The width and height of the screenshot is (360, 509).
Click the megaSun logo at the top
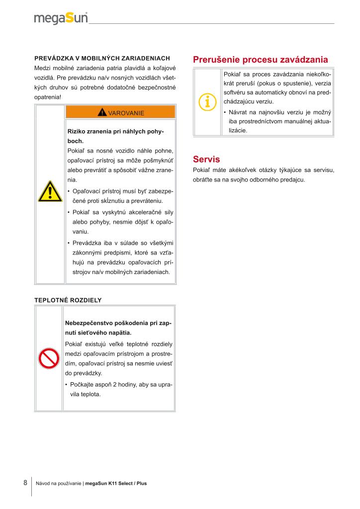pos(61,18)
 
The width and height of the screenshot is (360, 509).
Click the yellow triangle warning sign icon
pos(50,192)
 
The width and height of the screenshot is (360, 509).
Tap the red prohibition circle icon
pos(50,358)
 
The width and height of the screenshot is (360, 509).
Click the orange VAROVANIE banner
pos(120,112)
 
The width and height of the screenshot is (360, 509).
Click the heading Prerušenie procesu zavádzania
pos(260,60)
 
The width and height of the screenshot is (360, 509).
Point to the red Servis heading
pos(206,160)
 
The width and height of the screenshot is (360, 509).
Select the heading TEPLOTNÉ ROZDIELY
pos(68,300)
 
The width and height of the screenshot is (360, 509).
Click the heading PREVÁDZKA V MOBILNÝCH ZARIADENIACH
pos(102,58)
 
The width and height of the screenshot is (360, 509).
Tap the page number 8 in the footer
pos(25,483)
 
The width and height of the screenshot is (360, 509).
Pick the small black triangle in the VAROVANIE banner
pos(102,112)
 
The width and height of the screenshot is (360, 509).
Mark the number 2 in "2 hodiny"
pos(114,385)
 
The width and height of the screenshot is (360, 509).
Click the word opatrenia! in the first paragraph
pos(48,96)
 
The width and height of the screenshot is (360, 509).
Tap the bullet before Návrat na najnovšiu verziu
pos(225,113)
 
